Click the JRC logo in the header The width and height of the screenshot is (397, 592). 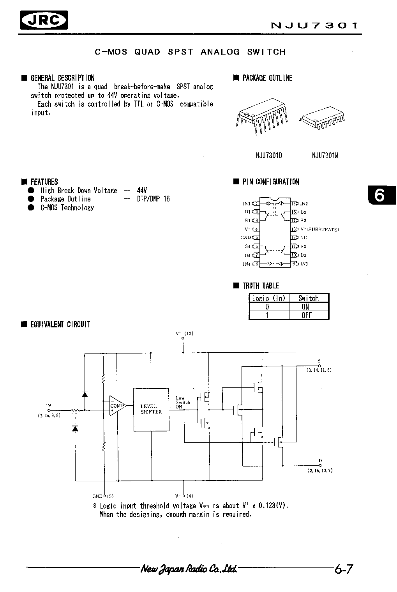coord(44,20)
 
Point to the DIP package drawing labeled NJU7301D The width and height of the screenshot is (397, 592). coord(262,118)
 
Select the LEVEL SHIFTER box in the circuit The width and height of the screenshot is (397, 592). coord(151,409)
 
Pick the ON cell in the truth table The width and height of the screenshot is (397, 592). coord(305,307)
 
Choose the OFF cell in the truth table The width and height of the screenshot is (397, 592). coord(306,315)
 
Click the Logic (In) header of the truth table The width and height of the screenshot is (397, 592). coord(268,298)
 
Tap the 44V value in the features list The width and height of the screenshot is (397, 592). coord(142,191)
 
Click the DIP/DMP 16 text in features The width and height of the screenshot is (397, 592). coord(154,199)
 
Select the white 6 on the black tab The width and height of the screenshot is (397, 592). coord(379,195)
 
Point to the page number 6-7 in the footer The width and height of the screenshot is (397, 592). coord(343,569)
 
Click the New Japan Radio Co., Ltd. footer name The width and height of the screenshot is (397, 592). coord(189,569)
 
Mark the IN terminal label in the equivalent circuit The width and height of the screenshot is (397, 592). coord(49,406)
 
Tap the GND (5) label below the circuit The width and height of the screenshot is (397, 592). coord(102,496)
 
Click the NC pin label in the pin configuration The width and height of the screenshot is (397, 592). coord(304,237)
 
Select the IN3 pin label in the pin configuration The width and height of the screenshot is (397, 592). coord(304,264)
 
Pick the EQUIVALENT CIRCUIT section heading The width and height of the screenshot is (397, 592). coord(60,324)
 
